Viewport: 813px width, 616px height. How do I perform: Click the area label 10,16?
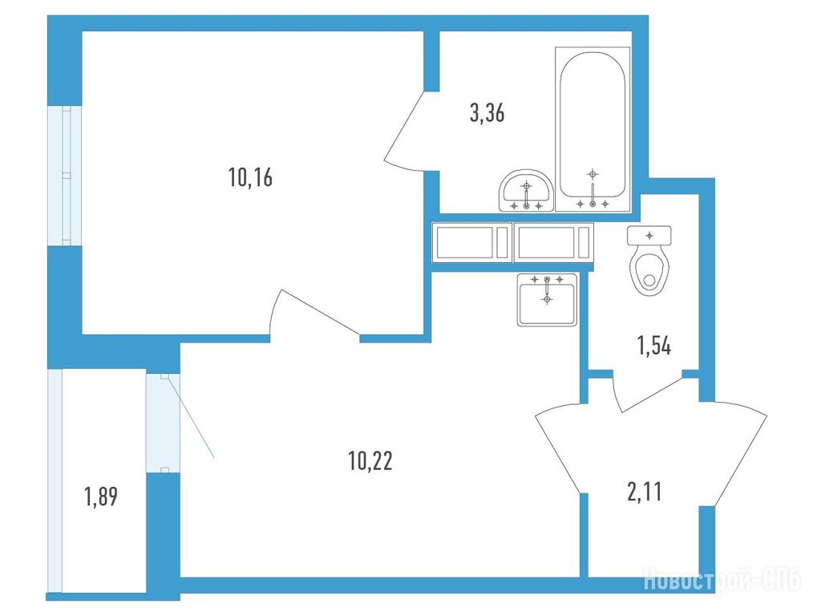250,178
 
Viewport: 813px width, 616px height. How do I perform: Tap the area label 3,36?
487,113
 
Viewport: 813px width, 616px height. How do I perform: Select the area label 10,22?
370,460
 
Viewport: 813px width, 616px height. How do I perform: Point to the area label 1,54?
654,346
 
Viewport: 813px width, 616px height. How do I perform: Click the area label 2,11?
645,492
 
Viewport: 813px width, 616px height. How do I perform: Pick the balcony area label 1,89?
100,496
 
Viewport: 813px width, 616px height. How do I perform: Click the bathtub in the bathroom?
593,129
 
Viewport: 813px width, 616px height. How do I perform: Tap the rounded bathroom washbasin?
526,191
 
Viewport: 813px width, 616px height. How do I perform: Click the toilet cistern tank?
649,235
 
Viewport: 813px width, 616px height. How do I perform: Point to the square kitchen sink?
547,300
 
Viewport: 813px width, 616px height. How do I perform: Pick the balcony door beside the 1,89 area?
163,423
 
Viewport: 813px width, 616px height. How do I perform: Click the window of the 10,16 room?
65,176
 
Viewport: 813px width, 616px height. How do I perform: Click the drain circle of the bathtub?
593,205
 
